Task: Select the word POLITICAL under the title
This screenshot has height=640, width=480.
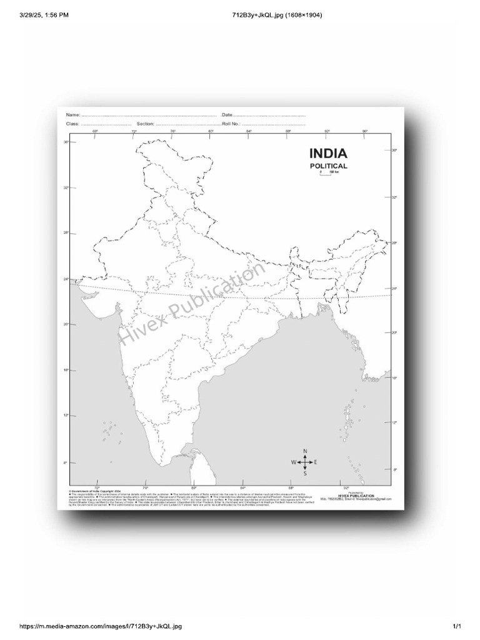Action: click(x=329, y=166)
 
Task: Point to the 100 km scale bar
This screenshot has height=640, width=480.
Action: click(x=325, y=173)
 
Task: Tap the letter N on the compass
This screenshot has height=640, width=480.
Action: click(x=305, y=451)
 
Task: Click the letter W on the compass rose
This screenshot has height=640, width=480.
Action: click(x=293, y=462)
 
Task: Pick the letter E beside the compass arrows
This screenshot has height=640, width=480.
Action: click(x=316, y=462)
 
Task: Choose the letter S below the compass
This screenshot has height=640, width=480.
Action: click(x=305, y=473)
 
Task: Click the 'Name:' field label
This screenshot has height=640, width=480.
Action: click(x=73, y=116)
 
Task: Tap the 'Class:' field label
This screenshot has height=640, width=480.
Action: click(x=73, y=124)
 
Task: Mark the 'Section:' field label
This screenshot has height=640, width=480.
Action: click(x=145, y=124)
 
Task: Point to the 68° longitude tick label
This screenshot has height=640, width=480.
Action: click(x=95, y=131)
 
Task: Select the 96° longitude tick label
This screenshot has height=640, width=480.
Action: click(x=365, y=131)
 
